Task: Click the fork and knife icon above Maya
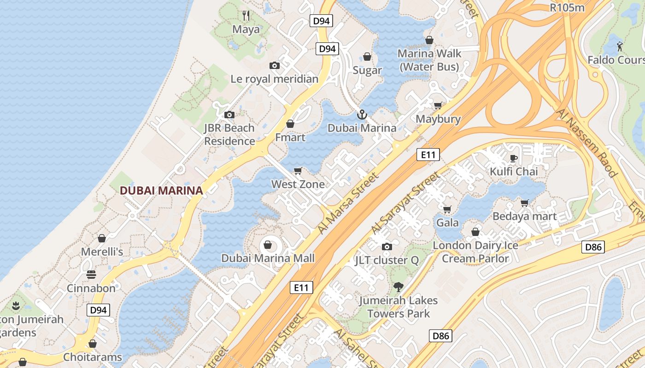coord(246,16)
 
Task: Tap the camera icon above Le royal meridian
coord(275,66)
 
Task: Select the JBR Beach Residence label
coord(229,134)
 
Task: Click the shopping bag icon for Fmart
coord(290,124)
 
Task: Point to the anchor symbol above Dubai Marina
coord(362,115)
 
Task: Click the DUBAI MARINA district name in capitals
coord(161,190)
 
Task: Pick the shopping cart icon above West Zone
coord(298,171)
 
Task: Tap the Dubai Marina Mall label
coord(268,258)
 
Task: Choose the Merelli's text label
coord(102,252)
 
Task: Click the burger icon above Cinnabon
coord(91,275)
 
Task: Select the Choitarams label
coord(93,357)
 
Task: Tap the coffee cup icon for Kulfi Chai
coord(514,158)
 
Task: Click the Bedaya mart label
coord(524,216)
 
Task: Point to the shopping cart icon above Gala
coord(447,209)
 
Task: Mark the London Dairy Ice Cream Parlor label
coord(475,252)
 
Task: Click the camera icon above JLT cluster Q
coord(387,247)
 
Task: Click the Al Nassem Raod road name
coord(586,143)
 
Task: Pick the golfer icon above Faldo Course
coord(620,46)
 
